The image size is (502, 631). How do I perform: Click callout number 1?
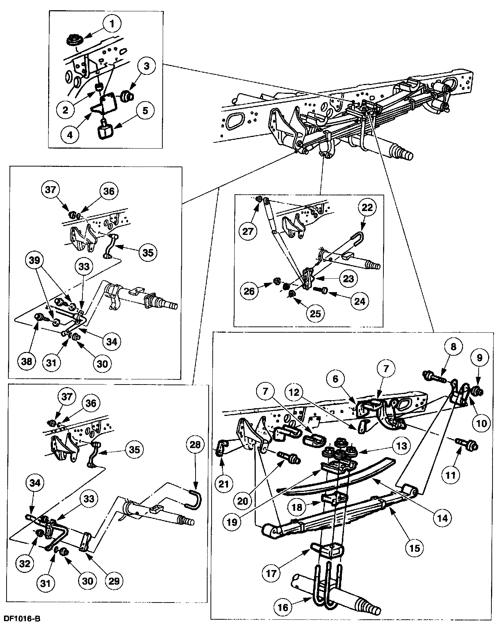[112, 24]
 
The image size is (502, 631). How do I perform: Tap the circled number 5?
[145, 110]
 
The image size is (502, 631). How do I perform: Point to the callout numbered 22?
[367, 207]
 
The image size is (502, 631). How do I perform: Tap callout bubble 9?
[479, 358]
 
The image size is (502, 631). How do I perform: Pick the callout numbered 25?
[316, 314]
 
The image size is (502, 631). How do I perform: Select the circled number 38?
[27, 362]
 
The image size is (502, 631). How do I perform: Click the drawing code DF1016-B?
[22, 619]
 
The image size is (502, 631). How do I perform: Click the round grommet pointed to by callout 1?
[74, 39]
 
